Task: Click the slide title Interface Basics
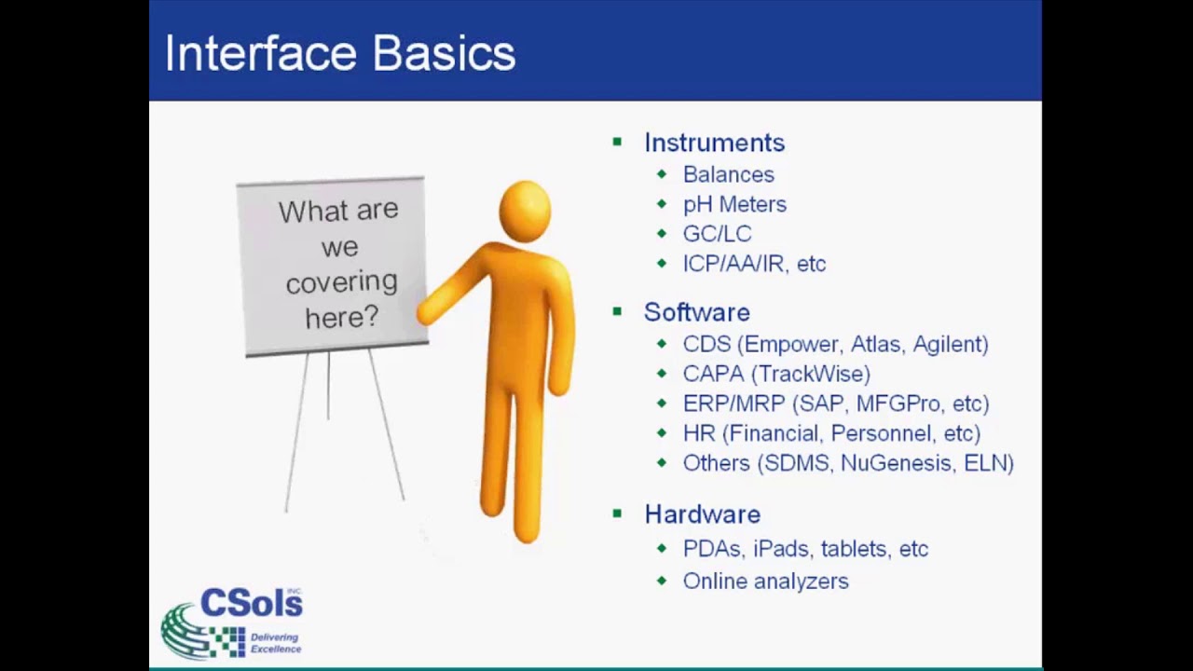(x=339, y=53)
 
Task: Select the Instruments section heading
(x=714, y=143)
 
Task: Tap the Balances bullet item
(x=728, y=174)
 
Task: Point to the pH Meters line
(x=734, y=204)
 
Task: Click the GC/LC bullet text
(x=717, y=234)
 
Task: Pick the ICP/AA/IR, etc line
(x=754, y=264)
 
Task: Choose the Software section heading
(x=696, y=312)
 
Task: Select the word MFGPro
(x=897, y=404)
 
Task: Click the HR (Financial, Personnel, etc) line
(x=831, y=433)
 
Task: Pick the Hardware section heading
(x=702, y=514)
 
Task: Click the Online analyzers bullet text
(x=765, y=581)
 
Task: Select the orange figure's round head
(x=525, y=210)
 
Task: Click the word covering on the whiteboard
(x=341, y=282)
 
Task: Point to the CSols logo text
(x=251, y=604)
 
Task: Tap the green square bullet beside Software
(x=617, y=311)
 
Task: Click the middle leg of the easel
(x=328, y=387)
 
